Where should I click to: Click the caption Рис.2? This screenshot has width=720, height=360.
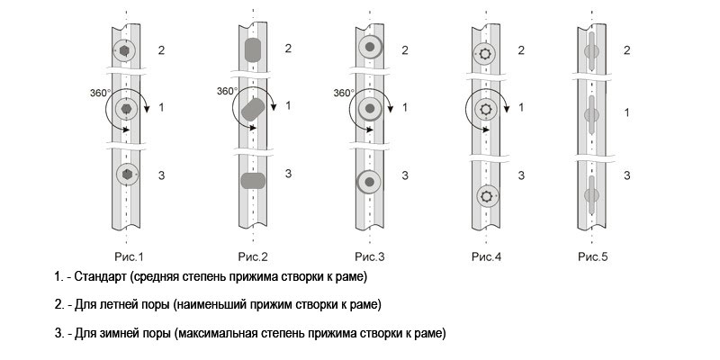pyautogui.click(x=252, y=257)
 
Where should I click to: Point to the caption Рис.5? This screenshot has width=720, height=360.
pyautogui.click(x=592, y=257)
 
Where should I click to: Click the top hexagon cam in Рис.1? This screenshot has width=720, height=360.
pyautogui.click(x=127, y=49)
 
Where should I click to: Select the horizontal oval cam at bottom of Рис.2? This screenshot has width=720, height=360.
pyautogui.click(x=253, y=181)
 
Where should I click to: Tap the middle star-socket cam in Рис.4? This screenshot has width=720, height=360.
pyautogui.click(x=486, y=109)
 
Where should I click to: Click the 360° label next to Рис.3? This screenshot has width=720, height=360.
pyautogui.click(x=344, y=93)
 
